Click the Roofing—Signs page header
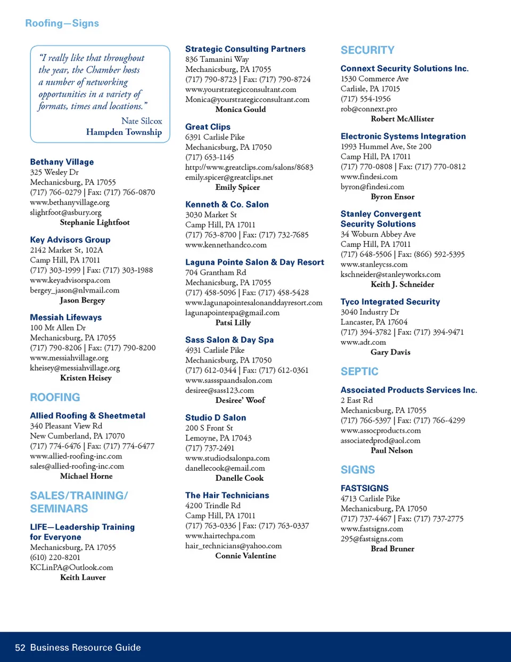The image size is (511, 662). pos(62,23)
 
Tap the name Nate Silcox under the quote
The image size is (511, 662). pos(142,121)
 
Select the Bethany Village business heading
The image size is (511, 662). pos(62,162)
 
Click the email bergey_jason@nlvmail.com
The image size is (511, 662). pos(75,290)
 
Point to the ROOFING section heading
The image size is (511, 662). pos(55,398)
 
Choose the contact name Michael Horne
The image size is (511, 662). pos(86,476)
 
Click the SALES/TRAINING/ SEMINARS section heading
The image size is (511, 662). pos(79,502)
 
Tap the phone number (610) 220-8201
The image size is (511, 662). pos(55,558)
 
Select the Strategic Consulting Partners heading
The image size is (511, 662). pos(245,49)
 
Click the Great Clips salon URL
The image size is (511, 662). pos(249,167)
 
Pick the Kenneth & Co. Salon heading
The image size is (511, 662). pos(227,205)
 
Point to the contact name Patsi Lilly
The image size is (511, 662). pos(233,322)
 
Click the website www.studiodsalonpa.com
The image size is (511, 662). pos(227,458)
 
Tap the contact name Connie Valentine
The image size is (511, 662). pos(245,556)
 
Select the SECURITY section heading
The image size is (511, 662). pos(367,50)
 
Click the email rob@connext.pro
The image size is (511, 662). pos(368,109)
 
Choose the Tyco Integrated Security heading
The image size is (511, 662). pos(390,302)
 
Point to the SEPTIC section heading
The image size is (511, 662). pos(359,372)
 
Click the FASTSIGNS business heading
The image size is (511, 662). pos(365,488)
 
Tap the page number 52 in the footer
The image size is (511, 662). pos(20,648)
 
